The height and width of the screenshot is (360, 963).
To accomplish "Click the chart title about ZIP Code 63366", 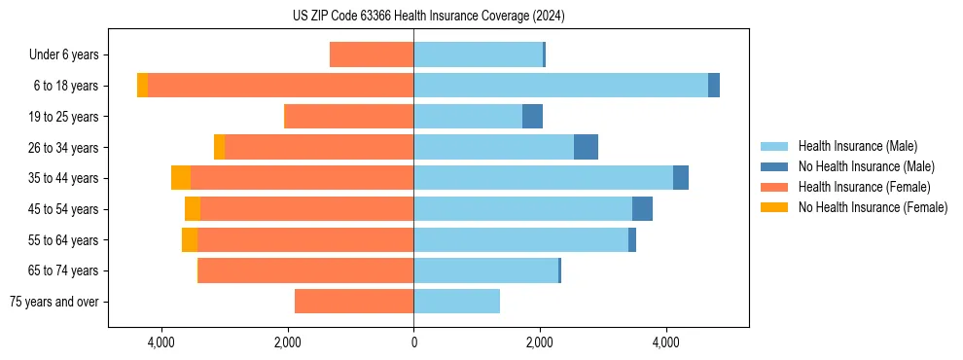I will click(x=428, y=17).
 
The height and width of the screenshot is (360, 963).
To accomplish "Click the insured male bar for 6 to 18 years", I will click(x=560, y=86).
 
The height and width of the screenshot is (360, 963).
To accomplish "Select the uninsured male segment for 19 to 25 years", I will click(x=532, y=117).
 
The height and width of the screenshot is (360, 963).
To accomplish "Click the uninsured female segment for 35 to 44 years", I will click(x=181, y=178).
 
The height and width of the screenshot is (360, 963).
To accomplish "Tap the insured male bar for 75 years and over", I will click(x=456, y=302).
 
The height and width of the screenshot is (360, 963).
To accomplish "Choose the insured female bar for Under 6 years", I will click(x=372, y=54).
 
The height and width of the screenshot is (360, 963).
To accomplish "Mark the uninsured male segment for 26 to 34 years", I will click(x=586, y=147).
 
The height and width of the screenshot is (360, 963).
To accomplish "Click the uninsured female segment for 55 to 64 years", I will click(x=190, y=239).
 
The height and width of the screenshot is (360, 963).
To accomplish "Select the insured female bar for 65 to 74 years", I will click(x=305, y=270).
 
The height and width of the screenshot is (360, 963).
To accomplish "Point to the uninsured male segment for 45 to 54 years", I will click(x=642, y=209).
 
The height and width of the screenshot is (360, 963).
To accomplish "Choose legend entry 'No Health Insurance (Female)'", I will click(x=873, y=207).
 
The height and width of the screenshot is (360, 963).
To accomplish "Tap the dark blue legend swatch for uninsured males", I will click(x=774, y=166).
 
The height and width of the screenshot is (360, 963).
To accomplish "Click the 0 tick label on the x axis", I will click(x=413, y=342).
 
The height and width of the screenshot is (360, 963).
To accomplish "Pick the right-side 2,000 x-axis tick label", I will click(x=540, y=342).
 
